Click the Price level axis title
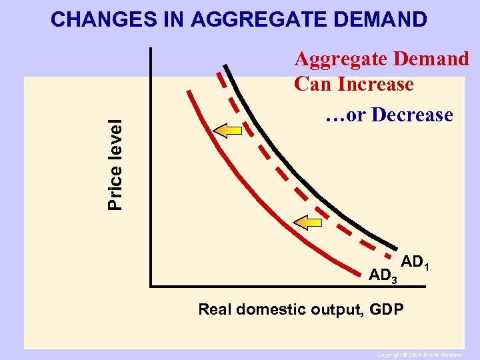pyautogui.click(x=116, y=165)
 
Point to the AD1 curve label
pyautogui.click(x=415, y=263)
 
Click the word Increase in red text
pyautogui.click(x=376, y=85)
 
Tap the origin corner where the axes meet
pyautogui.click(x=151, y=286)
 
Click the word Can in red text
pyautogui.click(x=313, y=85)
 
